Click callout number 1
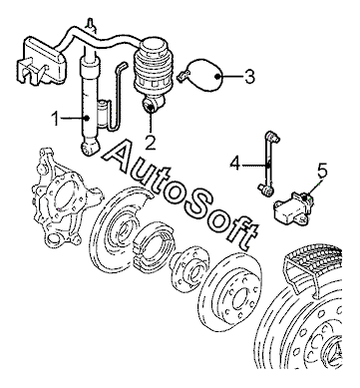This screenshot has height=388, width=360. coord(56,119)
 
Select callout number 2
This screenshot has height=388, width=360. coord(151,143)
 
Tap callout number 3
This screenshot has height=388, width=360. coord(249,77)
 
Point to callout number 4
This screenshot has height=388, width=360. coord(235,164)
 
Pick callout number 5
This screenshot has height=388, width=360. coord(322,171)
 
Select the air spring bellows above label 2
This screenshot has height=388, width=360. coord(153,67)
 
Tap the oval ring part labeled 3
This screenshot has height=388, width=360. coord(204,76)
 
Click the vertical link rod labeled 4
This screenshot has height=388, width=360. coord(269,163)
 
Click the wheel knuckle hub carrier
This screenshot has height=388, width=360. coord(63,198)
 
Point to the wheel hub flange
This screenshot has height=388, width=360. coord(190,268)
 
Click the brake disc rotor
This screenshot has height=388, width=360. coord(232,291)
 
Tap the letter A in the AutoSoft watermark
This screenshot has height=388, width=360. coord(122,158)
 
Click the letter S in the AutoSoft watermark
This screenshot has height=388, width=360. coord(196,201)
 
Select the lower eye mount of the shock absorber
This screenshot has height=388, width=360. coord(90,148)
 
